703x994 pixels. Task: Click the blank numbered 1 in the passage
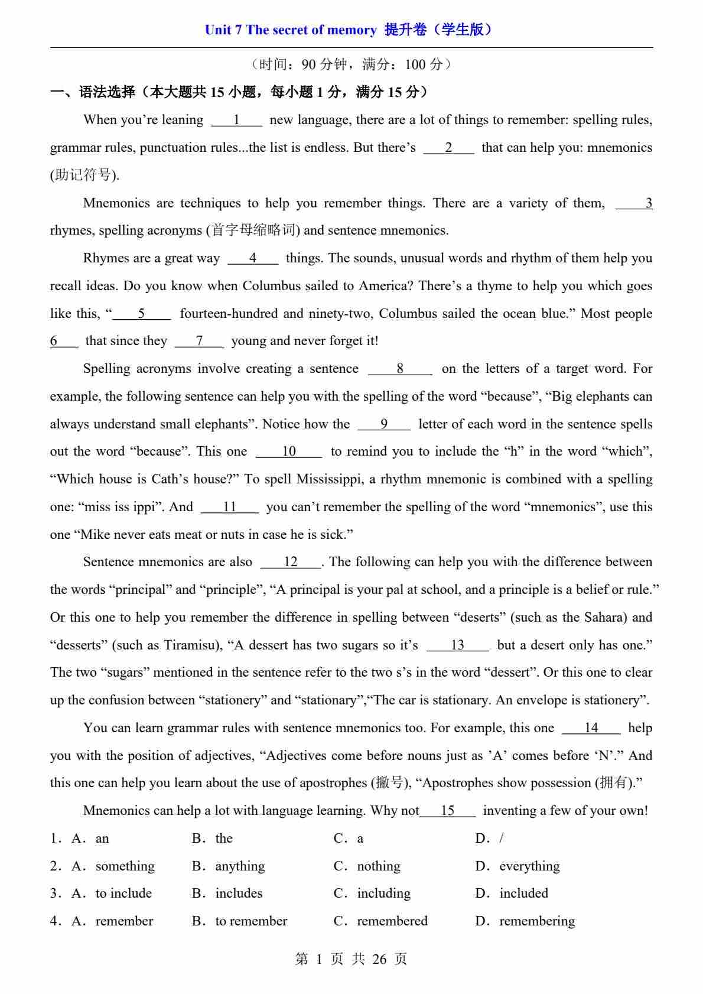point(236,121)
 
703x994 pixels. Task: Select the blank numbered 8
point(400,369)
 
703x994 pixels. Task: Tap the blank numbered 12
point(291,563)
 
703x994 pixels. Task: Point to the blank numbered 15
point(448,811)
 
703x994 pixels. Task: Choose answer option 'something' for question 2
point(125,866)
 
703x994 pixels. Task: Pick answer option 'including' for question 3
point(383,894)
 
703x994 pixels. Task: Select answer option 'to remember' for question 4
point(251,921)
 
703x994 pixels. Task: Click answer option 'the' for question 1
point(224,839)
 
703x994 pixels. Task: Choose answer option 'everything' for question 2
point(529,866)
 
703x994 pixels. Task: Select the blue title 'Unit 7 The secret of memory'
point(290,30)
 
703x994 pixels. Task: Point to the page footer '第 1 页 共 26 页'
point(351,959)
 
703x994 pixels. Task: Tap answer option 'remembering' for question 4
point(536,921)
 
